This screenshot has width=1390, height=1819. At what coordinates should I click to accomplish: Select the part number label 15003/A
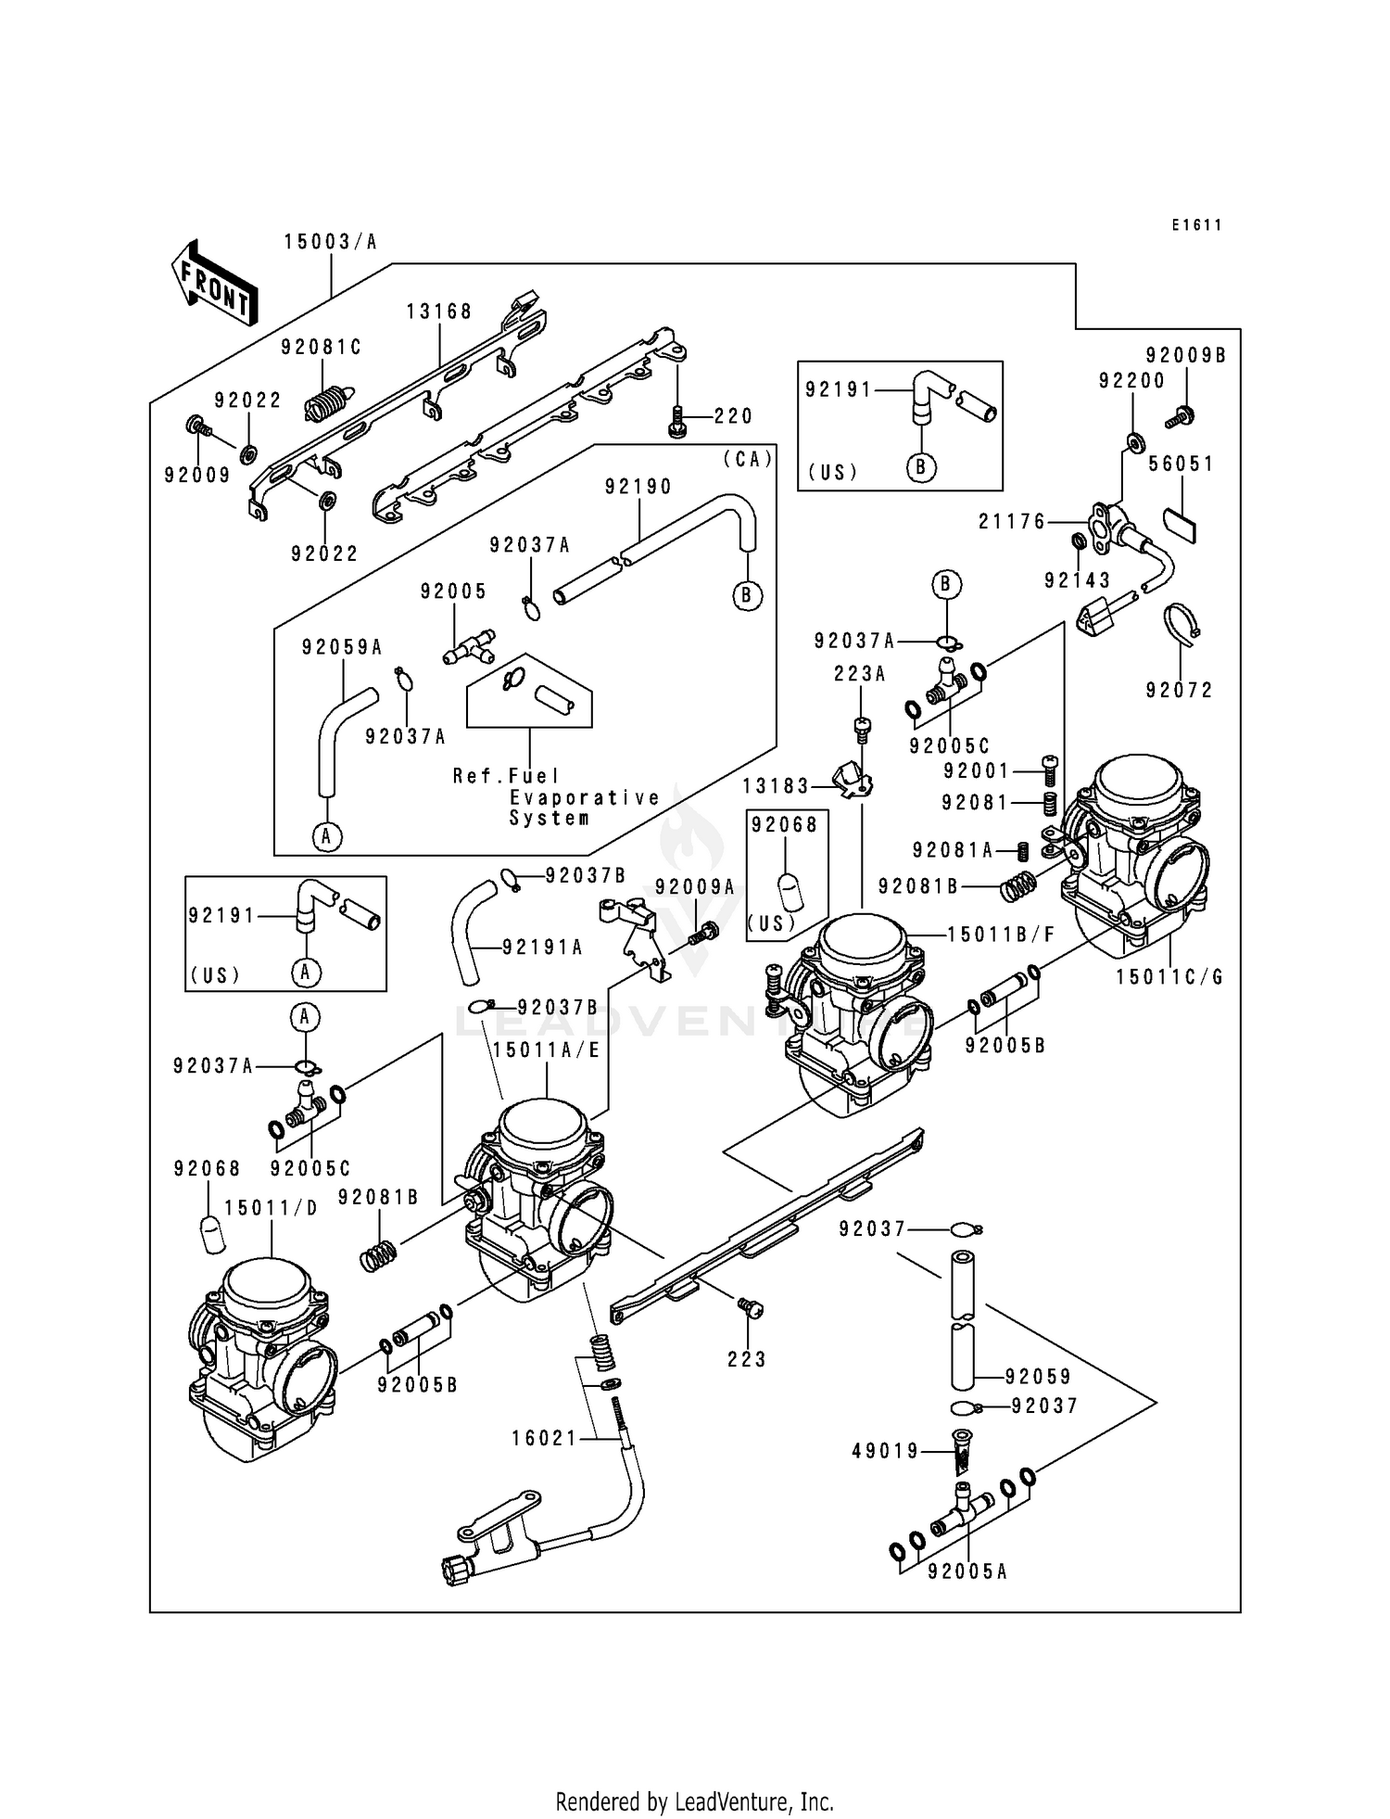pyautogui.click(x=331, y=242)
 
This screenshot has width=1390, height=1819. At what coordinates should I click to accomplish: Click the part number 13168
pyautogui.click(x=439, y=312)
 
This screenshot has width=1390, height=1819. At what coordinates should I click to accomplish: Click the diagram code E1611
pyautogui.click(x=1195, y=225)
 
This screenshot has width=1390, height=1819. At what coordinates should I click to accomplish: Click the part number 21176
pyautogui.click(x=1012, y=522)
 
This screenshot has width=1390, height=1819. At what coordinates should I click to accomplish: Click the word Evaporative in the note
pyautogui.click(x=585, y=797)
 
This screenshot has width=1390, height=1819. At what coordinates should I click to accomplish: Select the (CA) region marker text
pyautogui.click(x=747, y=459)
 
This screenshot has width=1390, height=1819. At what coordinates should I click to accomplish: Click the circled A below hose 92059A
pyautogui.click(x=326, y=837)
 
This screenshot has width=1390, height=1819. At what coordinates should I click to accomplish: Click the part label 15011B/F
pyautogui.click(x=1001, y=935)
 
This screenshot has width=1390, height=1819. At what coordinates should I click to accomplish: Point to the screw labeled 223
pyautogui.click(x=752, y=1309)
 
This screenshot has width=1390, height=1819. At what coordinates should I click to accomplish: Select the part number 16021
pyautogui.click(x=544, y=1438)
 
